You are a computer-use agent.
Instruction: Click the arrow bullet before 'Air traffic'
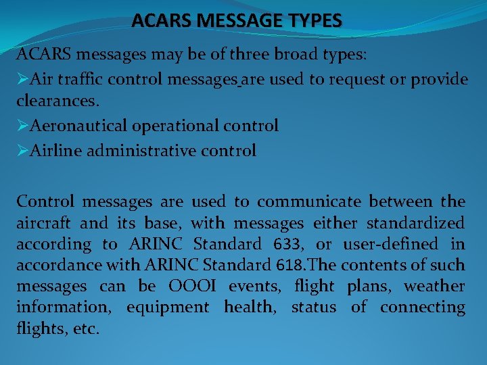click(22, 80)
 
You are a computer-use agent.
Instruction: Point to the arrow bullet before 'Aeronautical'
click(22, 126)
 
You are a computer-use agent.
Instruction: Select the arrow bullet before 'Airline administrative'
click(22, 151)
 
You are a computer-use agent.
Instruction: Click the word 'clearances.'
click(57, 101)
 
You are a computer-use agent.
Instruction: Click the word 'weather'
click(434, 286)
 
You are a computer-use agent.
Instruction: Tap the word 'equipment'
click(168, 308)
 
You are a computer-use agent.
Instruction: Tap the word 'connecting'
click(423, 308)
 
